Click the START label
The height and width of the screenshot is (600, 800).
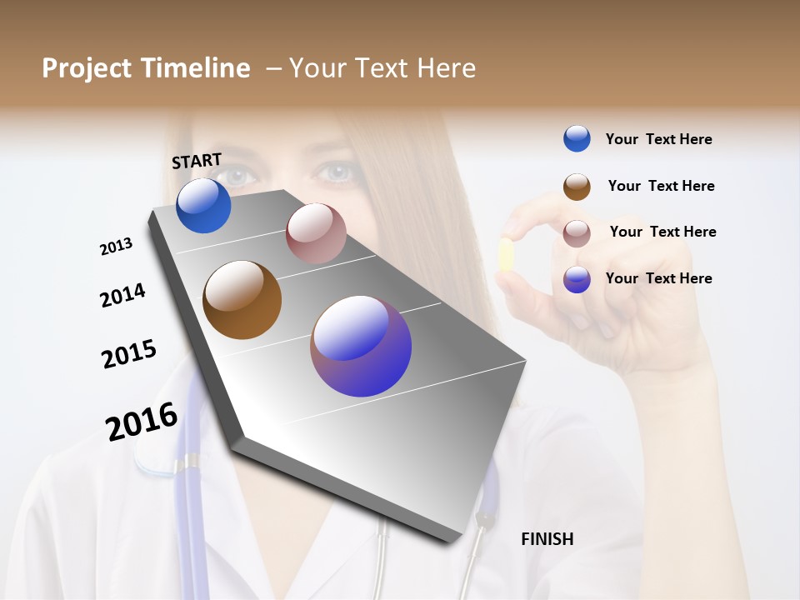pos(197,161)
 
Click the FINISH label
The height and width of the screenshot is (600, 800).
pos(547,539)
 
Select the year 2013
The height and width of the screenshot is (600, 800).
pos(116,247)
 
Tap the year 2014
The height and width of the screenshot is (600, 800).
pos(122,295)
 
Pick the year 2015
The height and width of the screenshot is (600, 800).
pos(129,354)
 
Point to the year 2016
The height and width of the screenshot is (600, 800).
pos(142,422)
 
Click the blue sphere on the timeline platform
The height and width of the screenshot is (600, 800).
pos(203,206)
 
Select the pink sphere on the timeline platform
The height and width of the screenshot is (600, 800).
pos(316,233)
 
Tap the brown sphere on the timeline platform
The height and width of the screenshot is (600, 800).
pos(242,300)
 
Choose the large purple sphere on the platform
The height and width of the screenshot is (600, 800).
pos(361,346)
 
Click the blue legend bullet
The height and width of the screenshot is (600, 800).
pos(577,138)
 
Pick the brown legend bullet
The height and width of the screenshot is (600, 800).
pos(577,187)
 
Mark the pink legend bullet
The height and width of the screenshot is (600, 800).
pos(577,232)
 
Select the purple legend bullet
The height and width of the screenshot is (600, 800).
pos(577,279)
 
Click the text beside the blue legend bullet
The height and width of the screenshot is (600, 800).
pos(658,139)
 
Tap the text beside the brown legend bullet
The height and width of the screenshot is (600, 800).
pos(661,186)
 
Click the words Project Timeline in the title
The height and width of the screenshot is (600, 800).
pos(146,68)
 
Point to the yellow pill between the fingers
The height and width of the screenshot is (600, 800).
pos(505,255)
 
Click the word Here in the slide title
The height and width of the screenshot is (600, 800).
pos(446,68)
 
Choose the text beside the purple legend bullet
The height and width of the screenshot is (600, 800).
pos(658,278)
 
